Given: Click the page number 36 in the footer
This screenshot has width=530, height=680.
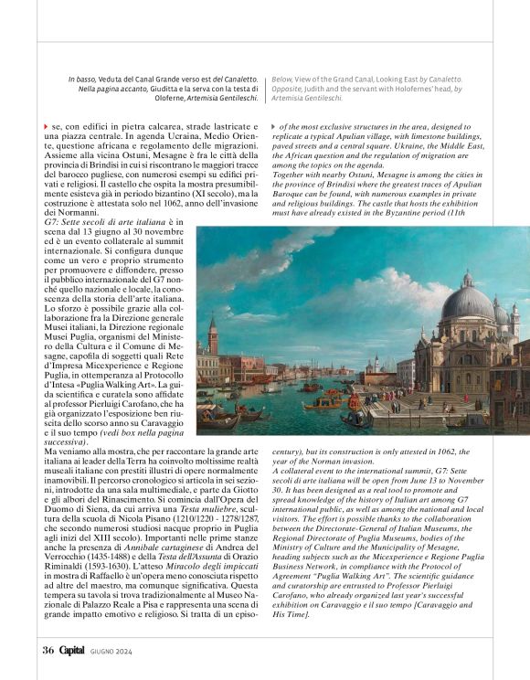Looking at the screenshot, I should (48, 650).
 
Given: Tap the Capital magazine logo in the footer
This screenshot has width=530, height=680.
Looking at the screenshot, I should (72, 650).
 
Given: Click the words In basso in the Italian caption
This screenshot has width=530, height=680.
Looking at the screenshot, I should (83, 80).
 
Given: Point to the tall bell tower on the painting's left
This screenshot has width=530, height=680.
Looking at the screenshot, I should (213, 338).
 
